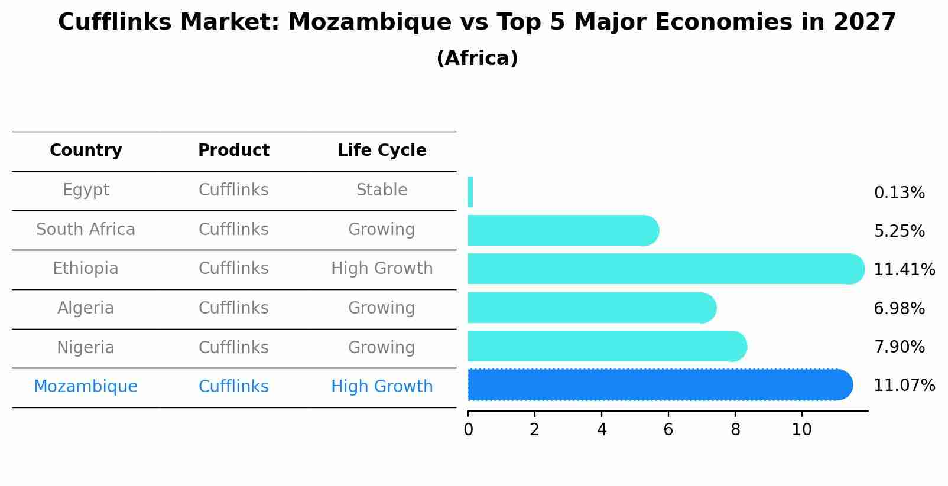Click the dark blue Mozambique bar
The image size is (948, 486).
(659, 385)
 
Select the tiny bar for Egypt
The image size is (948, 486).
(470, 192)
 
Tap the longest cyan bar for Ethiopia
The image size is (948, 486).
(665, 269)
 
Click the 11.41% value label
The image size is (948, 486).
(904, 270)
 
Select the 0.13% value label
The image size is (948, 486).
(899, 193)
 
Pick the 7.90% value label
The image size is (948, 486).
(899, 347)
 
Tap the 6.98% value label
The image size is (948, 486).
(899, 309)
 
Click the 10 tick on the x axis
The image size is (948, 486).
(801, 430)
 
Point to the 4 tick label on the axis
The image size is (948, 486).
(602, 430)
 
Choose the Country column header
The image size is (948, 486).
(86, 151)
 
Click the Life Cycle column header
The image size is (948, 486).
(382, 151)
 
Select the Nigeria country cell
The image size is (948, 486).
(86, 348)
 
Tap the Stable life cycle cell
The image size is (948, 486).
(382, 190)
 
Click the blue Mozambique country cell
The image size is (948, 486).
(86, 387)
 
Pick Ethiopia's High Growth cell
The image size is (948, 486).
(382, 269)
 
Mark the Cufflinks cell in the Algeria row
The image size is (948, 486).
(233, 308)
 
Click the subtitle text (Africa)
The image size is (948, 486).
(477, 58)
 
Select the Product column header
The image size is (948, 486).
(233, 151)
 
